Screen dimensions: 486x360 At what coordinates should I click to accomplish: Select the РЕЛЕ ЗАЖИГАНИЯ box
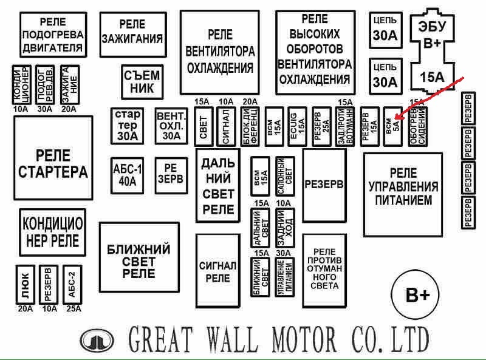point(132,33)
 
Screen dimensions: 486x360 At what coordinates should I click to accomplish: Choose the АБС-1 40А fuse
point(128,174)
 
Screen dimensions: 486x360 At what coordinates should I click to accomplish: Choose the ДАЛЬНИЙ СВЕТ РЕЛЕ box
point(218,186)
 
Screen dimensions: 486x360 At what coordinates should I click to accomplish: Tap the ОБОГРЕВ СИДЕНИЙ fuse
point(419,126)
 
